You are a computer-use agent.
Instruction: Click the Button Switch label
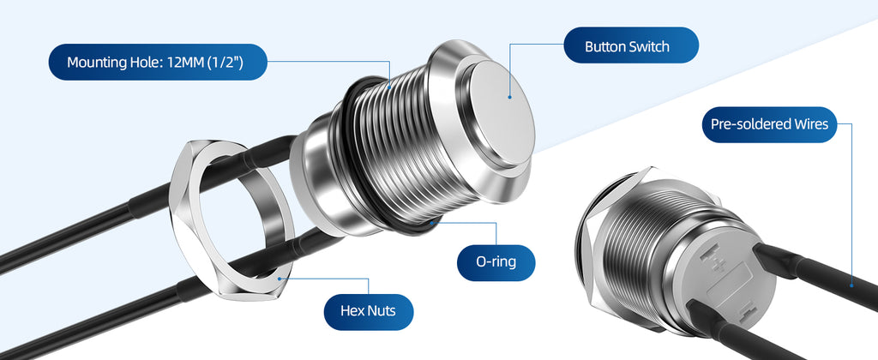coord(631,45)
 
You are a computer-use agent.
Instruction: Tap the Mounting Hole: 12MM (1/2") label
coord(158,62)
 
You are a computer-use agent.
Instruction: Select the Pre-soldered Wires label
coord(769,124)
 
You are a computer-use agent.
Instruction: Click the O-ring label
coord(496,262)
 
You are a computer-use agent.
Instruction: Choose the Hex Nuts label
coord(369,312)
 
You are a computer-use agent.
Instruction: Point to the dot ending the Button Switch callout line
coord(509,98)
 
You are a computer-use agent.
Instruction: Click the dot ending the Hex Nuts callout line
coord(280,278)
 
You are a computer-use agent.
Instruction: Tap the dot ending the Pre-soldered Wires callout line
coord(851,285)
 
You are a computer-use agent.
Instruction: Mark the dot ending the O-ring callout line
coord(433,222)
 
